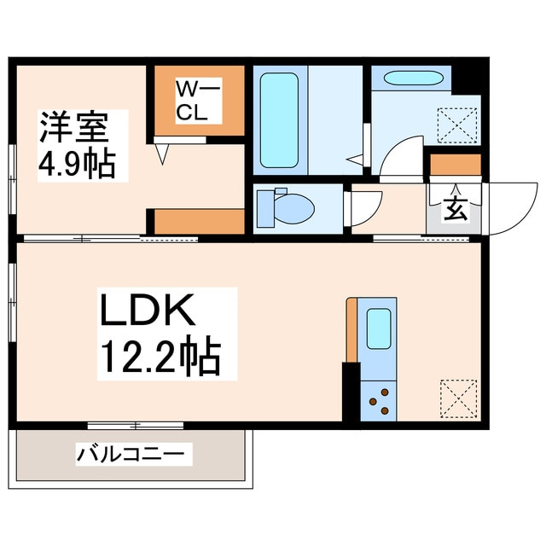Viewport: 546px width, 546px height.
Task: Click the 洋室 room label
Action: pos(73,128)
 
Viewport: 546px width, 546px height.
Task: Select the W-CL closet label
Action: pos(198,101)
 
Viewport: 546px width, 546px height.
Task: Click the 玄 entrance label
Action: pos(455,210)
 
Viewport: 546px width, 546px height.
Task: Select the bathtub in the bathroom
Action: pos(278,119)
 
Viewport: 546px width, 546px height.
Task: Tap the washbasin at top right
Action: pos(413,78)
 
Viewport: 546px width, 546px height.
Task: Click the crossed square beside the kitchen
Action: pos(456,397)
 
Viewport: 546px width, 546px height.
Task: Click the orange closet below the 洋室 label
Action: pos(199,221)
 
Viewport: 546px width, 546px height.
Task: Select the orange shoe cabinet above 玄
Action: pos(455,164)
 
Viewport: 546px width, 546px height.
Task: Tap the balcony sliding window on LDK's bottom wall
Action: pos(136,424)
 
